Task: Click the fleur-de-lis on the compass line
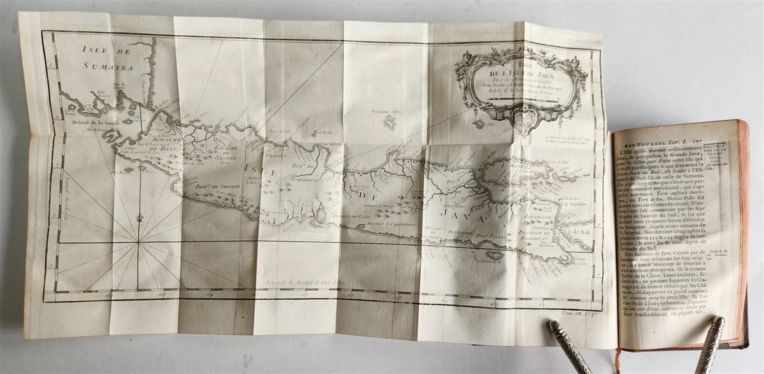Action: click(x=139, y=218)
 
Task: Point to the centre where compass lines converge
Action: click(x=139, y=242)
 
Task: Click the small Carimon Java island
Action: click(x=390, y=122)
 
